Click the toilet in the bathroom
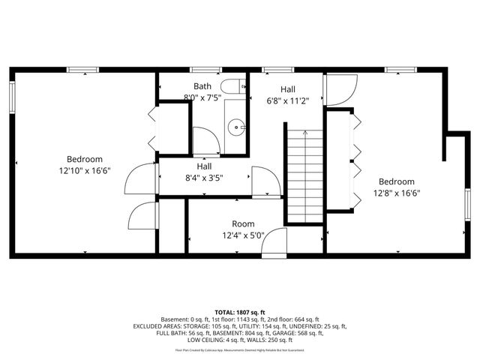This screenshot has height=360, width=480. click(235, 86)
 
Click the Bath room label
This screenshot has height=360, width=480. click(202, 86)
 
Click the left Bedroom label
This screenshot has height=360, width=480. click(84, 159)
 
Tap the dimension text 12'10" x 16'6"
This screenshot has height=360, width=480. click(84, 170)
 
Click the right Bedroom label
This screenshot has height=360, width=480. click(396, 181)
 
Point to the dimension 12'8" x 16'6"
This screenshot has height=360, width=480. click(396, 193)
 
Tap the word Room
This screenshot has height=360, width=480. click(243, 223)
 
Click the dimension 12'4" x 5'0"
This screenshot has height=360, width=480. click(243, 235)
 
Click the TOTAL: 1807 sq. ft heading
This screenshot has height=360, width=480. click(240, 312)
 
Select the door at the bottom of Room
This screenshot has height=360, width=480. click(274, 241)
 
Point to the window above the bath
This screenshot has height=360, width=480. click(205, 70)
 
